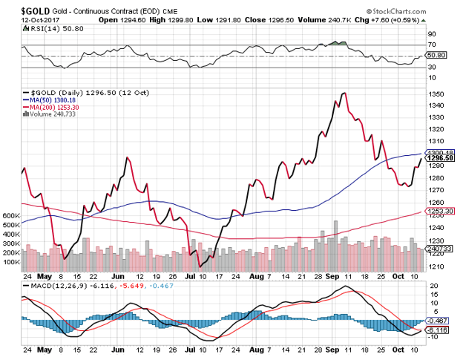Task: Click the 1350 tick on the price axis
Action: pyautogui.click(x=435, y=94)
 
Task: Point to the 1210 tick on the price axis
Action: pyautogui.click(x=435, y=266)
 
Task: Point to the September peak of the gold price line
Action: pyautogui.click(x=343, y=93)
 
